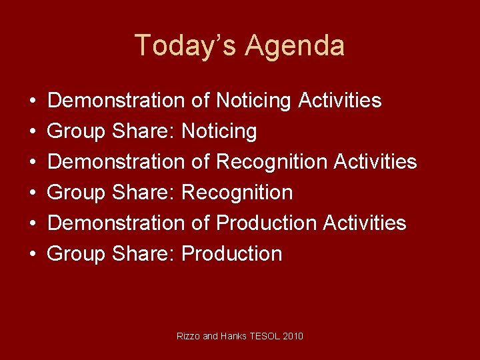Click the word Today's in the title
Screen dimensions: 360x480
coord(185,46)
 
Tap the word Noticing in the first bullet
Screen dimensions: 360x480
coord(254,101)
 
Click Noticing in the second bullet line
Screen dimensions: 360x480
coord(219,131)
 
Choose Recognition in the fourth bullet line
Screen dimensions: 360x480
coord(237,193)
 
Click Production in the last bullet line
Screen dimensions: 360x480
coord(231,253)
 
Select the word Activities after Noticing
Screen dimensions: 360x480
coord(340,101)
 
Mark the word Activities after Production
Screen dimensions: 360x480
coord(365,223)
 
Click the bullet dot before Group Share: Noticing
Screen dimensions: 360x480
coord(33,132)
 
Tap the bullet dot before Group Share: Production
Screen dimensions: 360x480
coord(33,254)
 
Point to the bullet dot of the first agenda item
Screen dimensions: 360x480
coord(33,101)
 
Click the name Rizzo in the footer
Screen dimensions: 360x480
coord(187,336)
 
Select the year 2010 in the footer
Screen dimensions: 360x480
coord(293,336)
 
